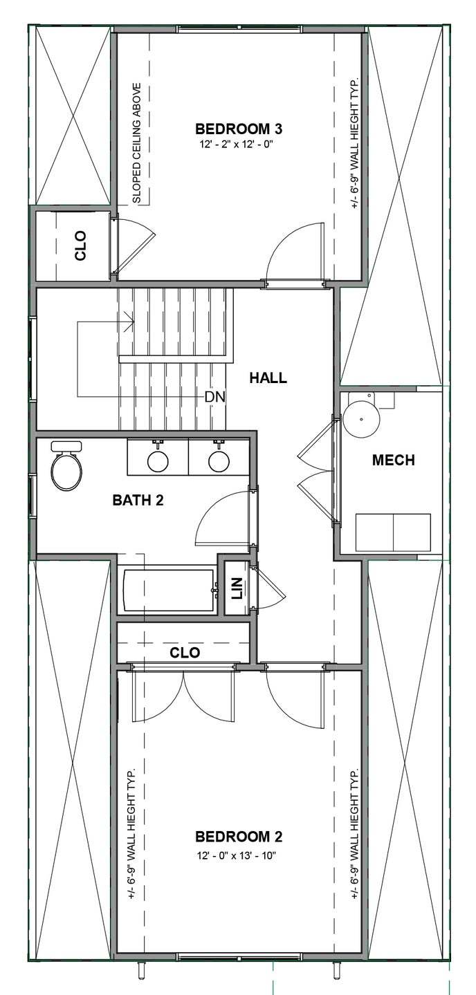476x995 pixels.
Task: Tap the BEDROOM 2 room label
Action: (x=239, y=837)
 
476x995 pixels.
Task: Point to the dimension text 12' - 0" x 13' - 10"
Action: (x=239, y=855)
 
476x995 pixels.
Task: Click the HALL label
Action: (x=268, y=378)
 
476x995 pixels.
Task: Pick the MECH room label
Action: (x=393, y=460)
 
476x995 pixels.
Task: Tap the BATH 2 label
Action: (x=138, y=500)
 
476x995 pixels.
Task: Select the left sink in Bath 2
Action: (x=158, y=460)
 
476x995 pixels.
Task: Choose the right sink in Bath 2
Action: (x=219, y=460)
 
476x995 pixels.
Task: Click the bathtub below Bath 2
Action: (x=167, y=591)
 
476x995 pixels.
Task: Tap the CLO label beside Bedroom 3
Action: (x=80, y=245)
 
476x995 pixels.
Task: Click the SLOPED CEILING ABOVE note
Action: (x=137, y=144)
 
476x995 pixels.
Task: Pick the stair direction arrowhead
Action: (x=129, y=321)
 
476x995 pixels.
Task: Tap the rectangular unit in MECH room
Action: (x=393, y=531)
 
